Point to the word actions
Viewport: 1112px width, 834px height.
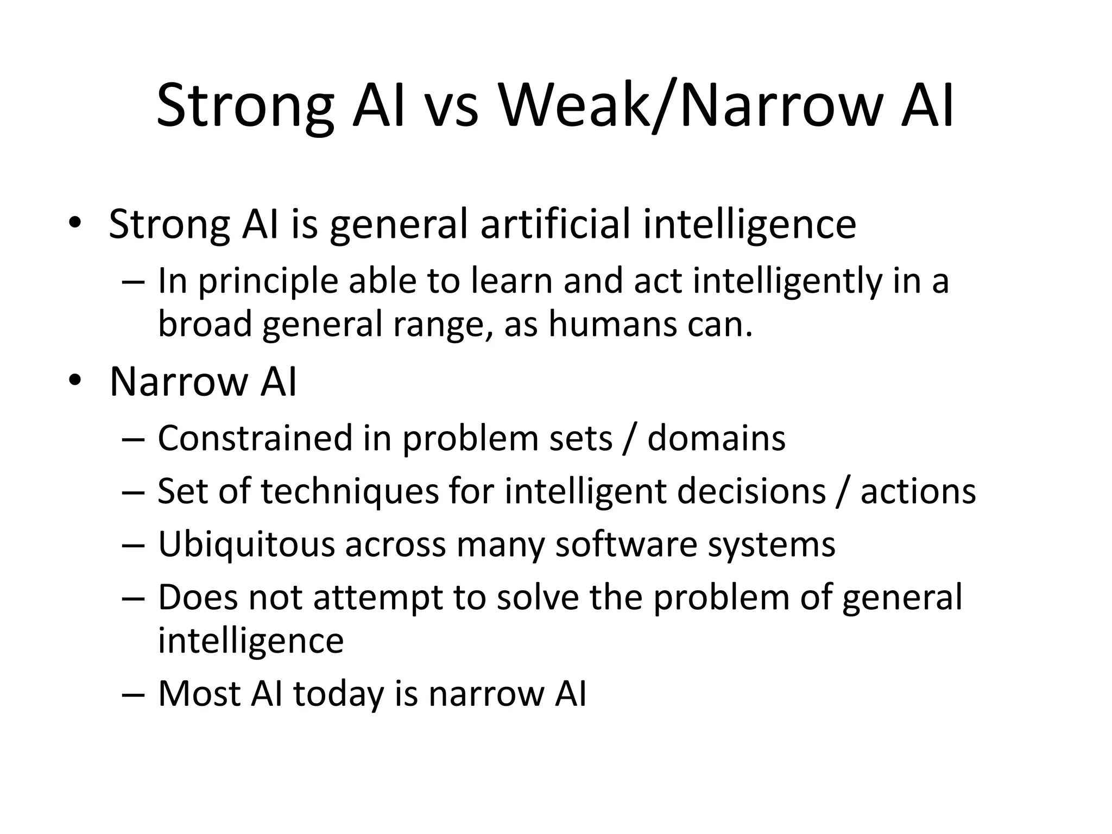click(918, 491)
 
